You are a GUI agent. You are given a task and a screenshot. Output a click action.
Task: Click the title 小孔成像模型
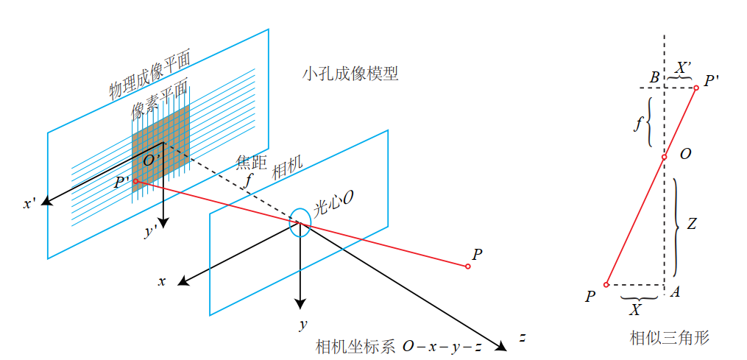tap(350, 74)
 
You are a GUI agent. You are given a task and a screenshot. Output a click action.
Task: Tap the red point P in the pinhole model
tap(467, 266)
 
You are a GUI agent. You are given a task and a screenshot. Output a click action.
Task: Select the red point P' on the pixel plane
tap(135, 181)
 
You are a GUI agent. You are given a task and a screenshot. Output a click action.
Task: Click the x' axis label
tap(29, 203)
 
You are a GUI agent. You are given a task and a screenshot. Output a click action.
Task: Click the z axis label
tap(522, 338)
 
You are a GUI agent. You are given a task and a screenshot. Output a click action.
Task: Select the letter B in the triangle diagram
tap(654, 78)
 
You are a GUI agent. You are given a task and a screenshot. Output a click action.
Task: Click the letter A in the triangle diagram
tap(674, 292)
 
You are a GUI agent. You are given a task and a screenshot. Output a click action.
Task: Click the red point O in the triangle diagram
tap(664, 157)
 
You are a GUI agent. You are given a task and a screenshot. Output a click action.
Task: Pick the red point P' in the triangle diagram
tap(695, 88)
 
